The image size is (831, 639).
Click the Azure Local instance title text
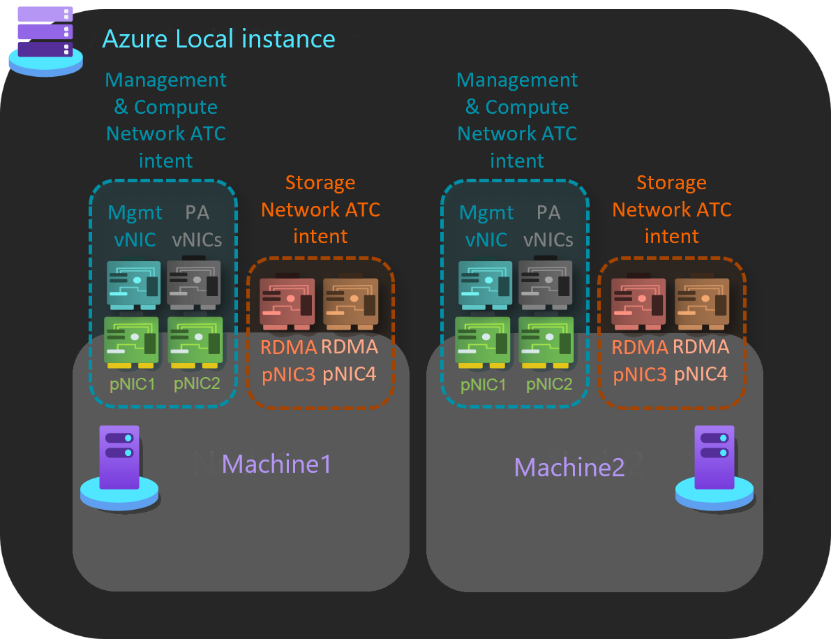(218, 38)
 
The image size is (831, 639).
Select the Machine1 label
(276, 464)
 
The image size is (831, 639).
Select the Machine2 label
(569, 467)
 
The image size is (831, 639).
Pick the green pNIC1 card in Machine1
(131, 342)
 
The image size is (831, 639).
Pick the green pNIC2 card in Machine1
(195, 342)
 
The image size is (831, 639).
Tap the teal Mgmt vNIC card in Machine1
(134, 284)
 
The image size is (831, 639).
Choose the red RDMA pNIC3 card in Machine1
(287, 302)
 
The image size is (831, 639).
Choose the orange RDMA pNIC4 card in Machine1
(350, 302)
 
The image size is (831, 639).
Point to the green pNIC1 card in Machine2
(483, 342)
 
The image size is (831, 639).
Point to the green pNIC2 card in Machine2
(547, 342)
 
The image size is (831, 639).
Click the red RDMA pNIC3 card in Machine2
(638, 302)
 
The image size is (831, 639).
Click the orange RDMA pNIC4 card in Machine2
(702, 302)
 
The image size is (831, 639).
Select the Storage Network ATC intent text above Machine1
(321, 210)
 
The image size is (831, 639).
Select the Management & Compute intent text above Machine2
(517, 120)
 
